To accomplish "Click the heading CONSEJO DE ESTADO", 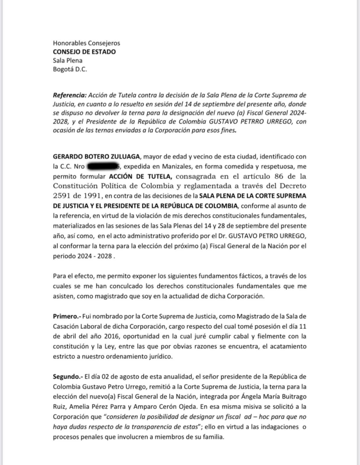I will coord(84,52).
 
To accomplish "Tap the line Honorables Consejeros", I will coord(86,43).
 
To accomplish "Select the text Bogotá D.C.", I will coord(70,69).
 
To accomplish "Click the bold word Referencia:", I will coord(69,95).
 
